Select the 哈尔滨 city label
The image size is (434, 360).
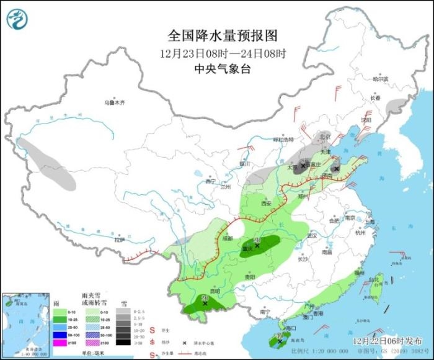click(380, 79)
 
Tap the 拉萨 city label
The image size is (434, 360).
click(119, 240)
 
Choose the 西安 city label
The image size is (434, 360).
click(266, 203)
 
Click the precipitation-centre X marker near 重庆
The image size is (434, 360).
click(257, 246)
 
